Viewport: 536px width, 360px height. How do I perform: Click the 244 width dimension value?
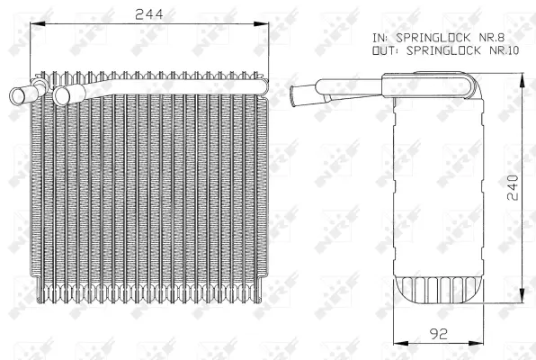(149, 13)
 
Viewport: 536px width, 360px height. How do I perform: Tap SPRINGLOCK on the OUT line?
(440, 50)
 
